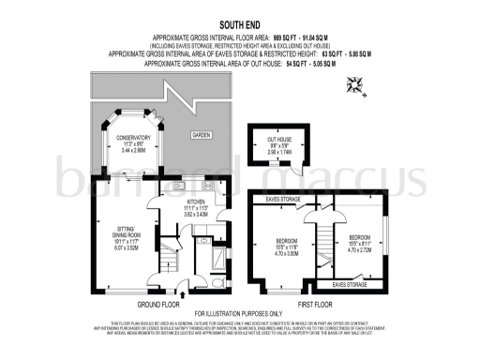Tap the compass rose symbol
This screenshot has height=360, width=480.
355,87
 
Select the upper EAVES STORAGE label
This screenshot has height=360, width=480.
283,199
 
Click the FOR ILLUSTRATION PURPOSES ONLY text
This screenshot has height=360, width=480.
240,313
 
